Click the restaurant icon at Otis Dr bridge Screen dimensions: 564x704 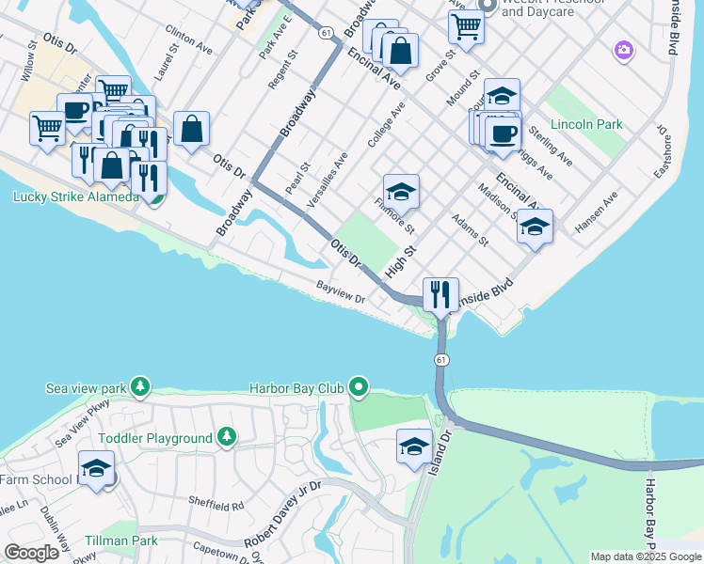point(440,295)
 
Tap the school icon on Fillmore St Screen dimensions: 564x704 point(401,193)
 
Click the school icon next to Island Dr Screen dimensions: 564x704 point(414,446)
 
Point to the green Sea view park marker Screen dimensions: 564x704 point(140,386)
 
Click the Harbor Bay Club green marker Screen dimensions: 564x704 point(358,386)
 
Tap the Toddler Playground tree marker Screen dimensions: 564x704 point(226,437)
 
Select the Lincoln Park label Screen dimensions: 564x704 point(586,124)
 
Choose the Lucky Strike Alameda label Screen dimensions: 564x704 point(75,196)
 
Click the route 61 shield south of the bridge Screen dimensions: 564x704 point(441,360)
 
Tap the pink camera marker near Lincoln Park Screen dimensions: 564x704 point(622,50)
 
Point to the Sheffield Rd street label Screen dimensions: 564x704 point(215,505)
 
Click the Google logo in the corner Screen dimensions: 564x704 point(32,553)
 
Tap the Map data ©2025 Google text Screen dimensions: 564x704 point(646,556)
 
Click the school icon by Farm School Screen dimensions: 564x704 point(96,469)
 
